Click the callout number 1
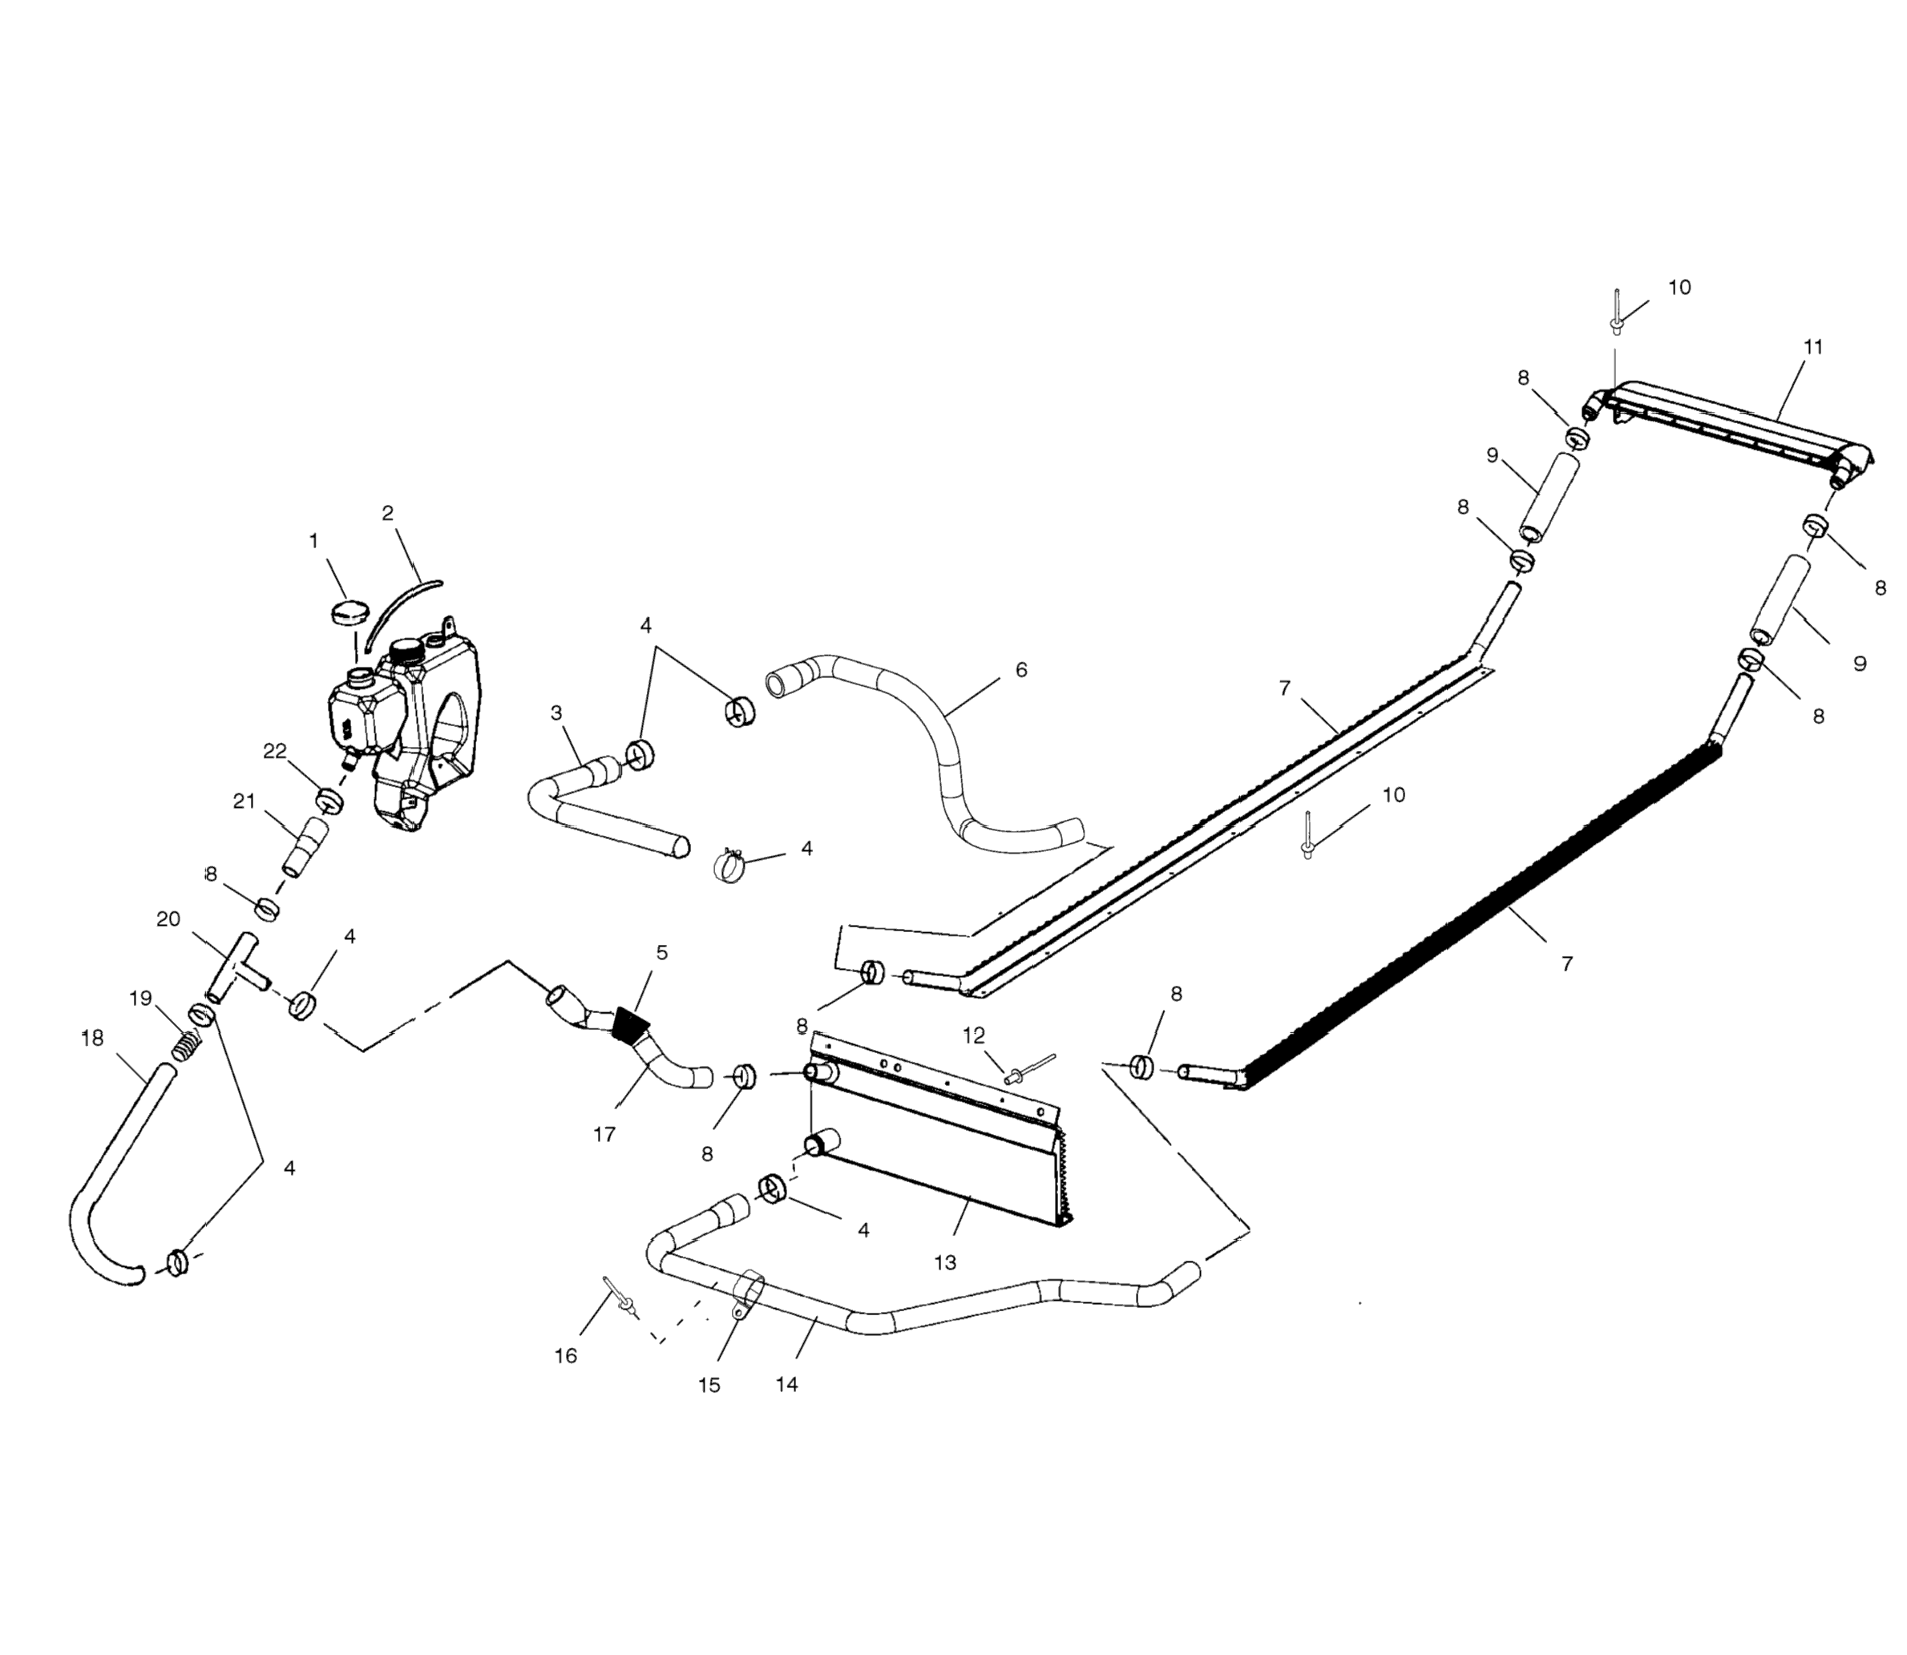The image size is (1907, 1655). [314, 541]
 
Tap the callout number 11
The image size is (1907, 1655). [1812, 347]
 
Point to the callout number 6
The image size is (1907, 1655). [1020, 669]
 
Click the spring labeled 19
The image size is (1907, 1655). [187, 1044]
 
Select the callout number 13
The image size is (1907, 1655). [945, 1262]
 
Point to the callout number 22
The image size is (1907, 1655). [274, 751]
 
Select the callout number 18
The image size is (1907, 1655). [92, 1039]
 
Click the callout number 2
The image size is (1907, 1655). [388, 514]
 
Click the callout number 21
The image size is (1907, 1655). [244, 801]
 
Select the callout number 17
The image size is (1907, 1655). [604, 1135]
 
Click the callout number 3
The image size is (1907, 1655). [556, 713]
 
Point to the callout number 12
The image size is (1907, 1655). [973, 1035]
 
